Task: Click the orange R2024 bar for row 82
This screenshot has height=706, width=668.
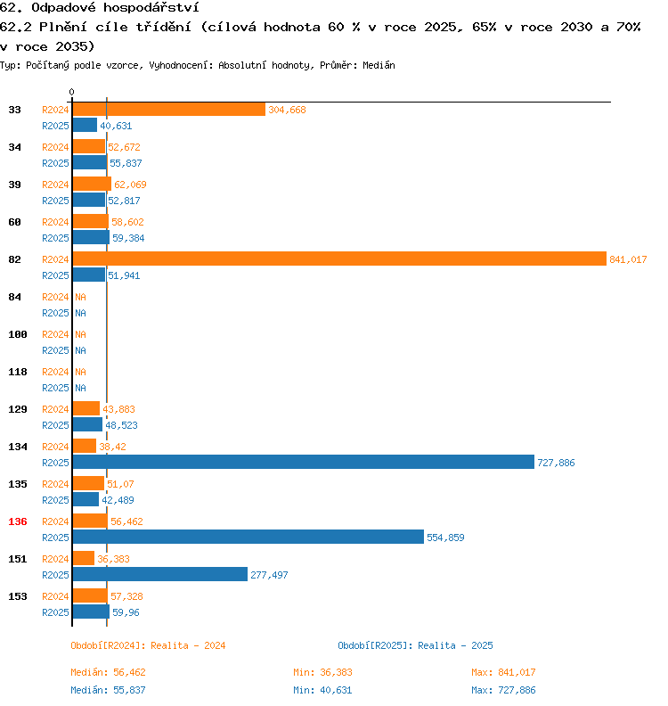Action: (x=338, y=259)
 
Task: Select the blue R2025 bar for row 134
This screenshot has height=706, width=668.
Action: (x=303, y=462)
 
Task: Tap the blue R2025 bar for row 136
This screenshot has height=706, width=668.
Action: (x=248, y=537)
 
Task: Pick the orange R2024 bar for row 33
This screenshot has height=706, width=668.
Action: (x=168, y=109)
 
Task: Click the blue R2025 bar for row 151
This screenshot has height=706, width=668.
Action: (x=159, y=574)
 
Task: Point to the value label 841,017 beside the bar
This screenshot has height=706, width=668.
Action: (x=627, y=259)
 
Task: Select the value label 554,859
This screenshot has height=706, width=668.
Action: (x=445, y=538)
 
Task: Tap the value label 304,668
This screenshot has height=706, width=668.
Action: (x=287, y=110)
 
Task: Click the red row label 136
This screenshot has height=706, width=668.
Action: (x=17, y=521)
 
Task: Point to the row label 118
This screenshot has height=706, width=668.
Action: (x=17, y=372)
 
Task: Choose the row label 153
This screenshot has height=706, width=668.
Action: (x=17, y=596)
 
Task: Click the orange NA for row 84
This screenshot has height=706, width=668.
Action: (x=80, y=297)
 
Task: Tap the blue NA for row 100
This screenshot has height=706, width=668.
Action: (x=80, y=350)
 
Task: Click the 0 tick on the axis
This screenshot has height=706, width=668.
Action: (x=71, y=92)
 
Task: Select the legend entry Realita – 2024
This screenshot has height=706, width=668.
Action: (x=148, y=645)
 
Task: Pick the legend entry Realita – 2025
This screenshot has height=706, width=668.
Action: (x=415, y=645)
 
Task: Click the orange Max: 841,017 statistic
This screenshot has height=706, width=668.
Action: (x=503, y=672)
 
